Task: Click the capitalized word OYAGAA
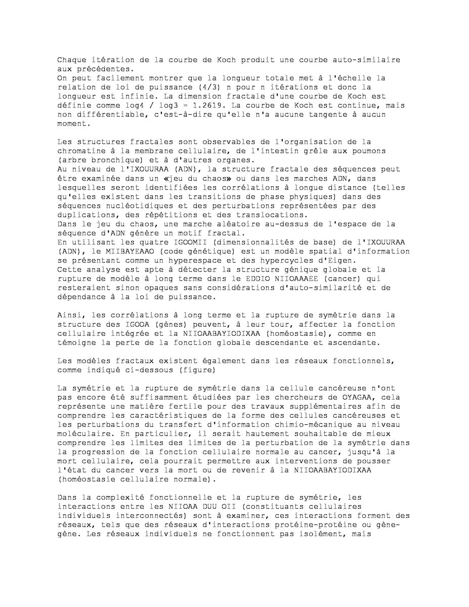click(355, 397)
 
